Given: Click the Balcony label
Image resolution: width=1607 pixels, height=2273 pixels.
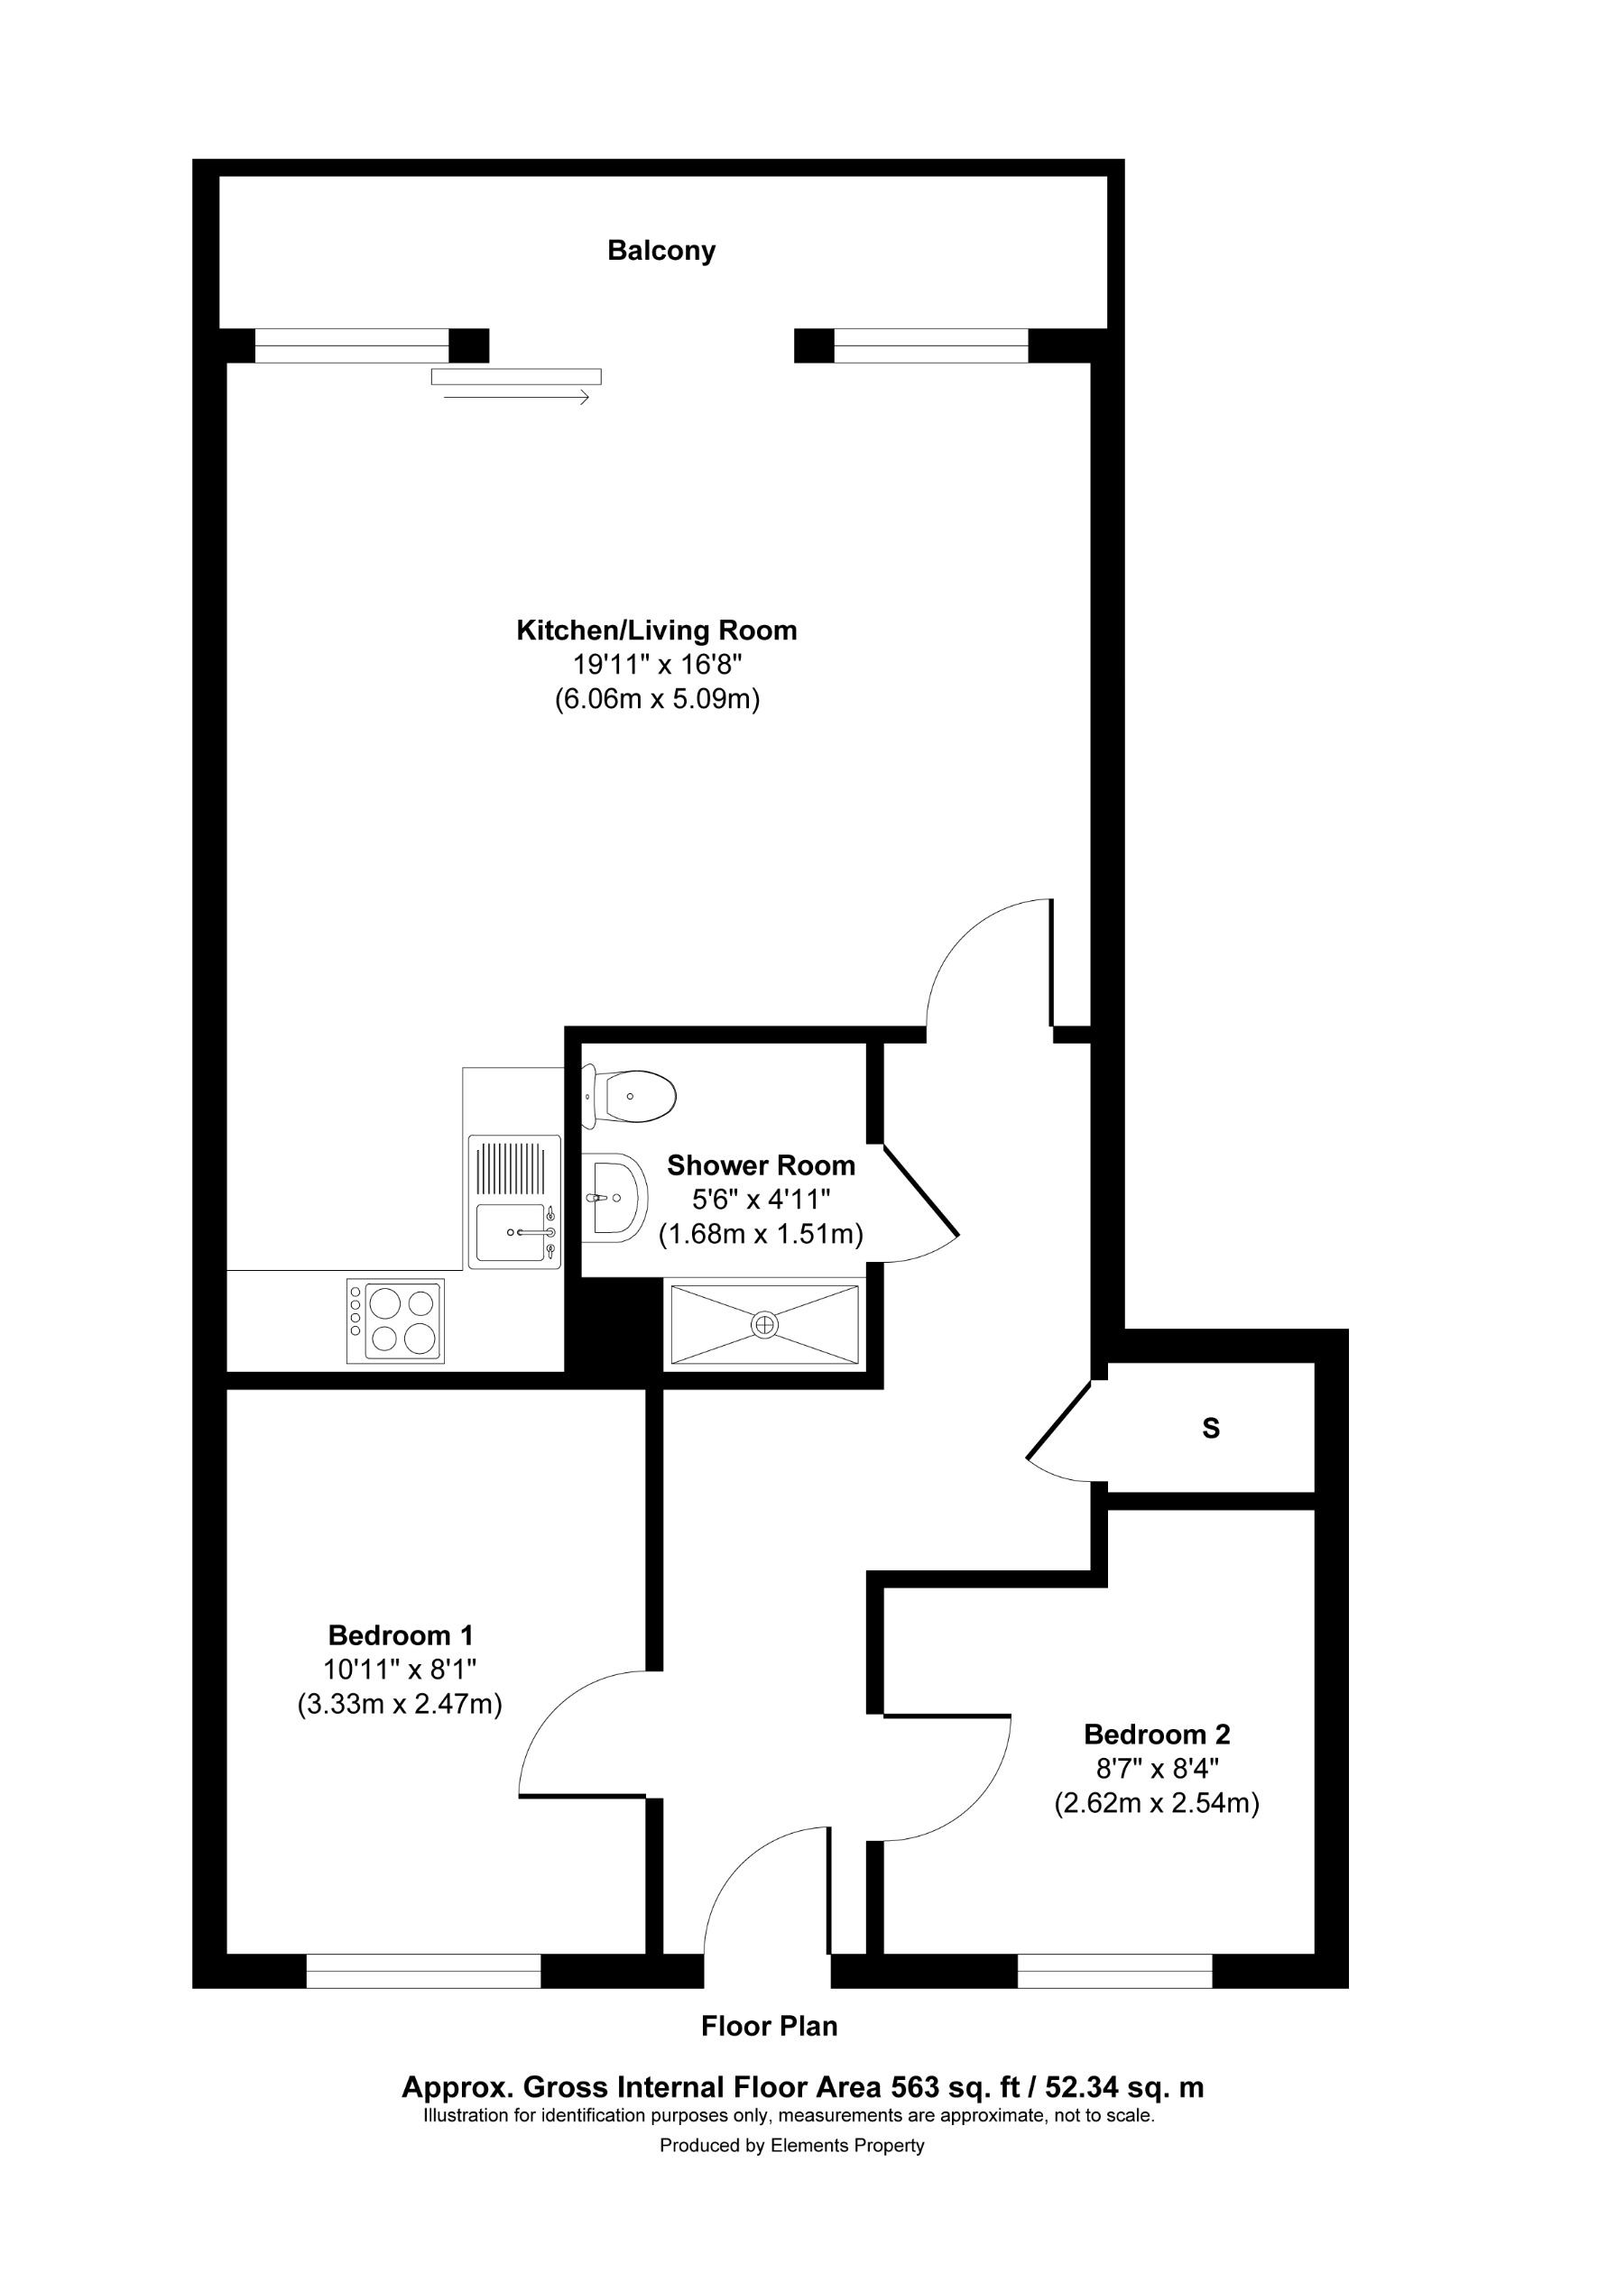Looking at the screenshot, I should click(x=660, y=251).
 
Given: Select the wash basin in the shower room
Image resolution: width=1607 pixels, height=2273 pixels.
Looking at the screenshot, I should click(x=612, y=1197).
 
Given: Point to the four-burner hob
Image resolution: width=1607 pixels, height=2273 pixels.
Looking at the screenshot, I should click(x=395, y=1321).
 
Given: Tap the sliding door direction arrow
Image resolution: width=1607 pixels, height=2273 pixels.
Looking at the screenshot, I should click(x=516, y=398).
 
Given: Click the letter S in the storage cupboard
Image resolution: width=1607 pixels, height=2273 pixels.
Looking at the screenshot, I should click(x=1210, y=1429).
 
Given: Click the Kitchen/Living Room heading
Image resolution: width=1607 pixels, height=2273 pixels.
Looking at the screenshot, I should click(x=657, y=630).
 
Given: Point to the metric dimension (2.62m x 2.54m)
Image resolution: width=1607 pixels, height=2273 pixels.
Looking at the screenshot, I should click(x=1157, y=1804).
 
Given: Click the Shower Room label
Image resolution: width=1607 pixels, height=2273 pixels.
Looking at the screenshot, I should click(x=761, y=1165).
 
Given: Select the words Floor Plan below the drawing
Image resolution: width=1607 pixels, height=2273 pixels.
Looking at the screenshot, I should click(x=770, y=2027).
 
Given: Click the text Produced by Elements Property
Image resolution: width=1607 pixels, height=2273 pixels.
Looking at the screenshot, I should click(x=792, y=2145).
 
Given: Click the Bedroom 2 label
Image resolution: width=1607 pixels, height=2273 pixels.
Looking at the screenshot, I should click(x=1157, y=1735).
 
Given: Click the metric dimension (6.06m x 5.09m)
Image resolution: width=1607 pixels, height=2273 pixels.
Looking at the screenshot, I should click(x=657, y=700).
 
